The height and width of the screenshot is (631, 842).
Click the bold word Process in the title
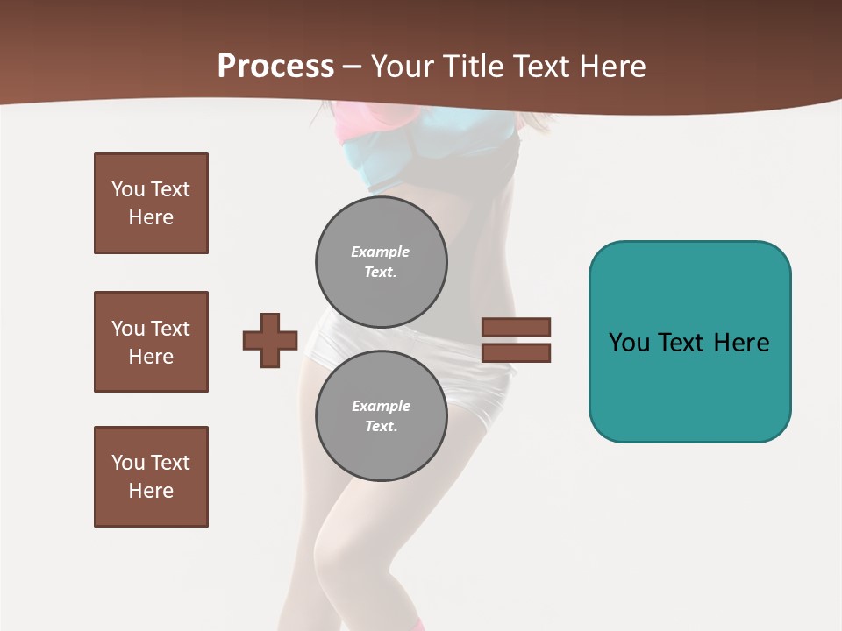click(x=275, y=67)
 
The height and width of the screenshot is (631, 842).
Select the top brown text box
click(x=151, y=203)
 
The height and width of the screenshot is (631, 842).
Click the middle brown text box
click(x=151, y=342)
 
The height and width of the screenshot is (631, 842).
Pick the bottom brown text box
click(x=151, y=477)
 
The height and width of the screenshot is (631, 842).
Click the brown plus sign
click(x=270, y=340)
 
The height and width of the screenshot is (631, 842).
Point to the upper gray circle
click(x=381, y=261)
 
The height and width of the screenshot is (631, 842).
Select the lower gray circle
click(x=381, y=415)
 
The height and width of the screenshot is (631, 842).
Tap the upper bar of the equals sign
click(x=516, y=328)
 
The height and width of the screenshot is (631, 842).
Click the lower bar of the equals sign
click(x=516, y=353)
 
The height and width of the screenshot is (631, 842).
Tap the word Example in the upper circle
click(x=380, y=252)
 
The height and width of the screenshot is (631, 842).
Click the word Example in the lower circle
click(x=381, y=406)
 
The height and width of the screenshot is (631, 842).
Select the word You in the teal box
click(x=629, y=343)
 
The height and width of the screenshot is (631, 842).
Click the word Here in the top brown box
click(x=151, y=217)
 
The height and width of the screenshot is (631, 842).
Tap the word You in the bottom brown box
click(x=128, y=463)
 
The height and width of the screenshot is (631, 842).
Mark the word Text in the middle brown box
click(x=170, y=329)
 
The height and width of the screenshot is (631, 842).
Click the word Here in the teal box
click(x=741, y=343)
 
